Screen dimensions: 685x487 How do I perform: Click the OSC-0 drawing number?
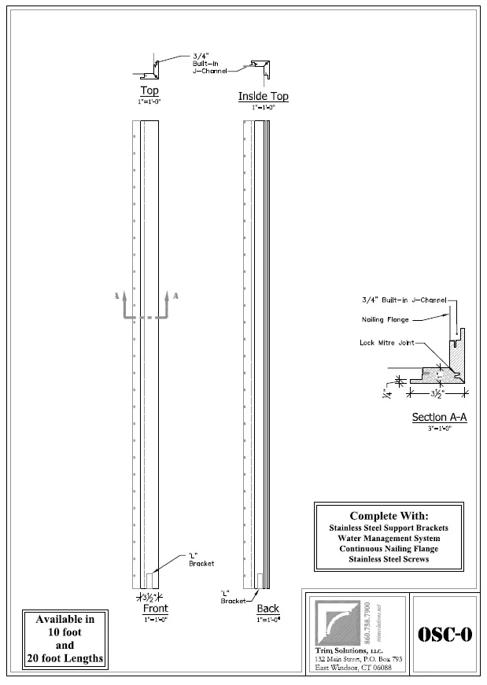pos(445,635)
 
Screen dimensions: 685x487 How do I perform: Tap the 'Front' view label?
pos(155,609)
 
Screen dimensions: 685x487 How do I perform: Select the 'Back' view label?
pos(267,609)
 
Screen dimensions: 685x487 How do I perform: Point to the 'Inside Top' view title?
pos(263,96)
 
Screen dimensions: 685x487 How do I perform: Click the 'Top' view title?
pos(149,90)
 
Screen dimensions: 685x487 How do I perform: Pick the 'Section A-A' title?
pos(439,417)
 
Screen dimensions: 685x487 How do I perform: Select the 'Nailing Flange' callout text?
pos(383,319)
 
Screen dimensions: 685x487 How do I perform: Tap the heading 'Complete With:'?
pos(389,516)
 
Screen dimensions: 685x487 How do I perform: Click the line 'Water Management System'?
pos(389,538)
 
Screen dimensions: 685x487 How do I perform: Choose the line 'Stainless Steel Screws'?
pos(389,559)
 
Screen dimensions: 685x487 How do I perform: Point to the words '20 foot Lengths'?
pos(64,657)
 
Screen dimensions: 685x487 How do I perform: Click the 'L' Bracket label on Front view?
pos(197,559)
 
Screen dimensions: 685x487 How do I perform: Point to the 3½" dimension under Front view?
pos(146,597)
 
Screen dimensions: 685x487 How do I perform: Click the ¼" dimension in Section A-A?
pos(386,392)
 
